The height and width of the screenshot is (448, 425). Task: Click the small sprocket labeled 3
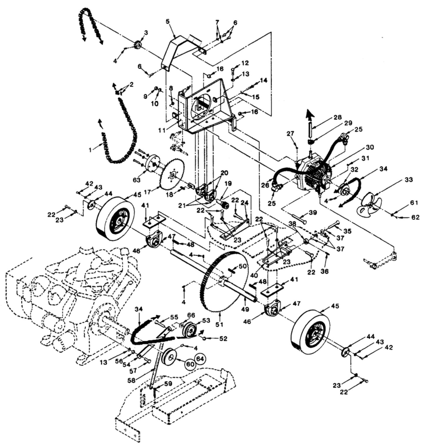[138, 46]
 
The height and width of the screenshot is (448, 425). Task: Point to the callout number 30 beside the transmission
[370, 147]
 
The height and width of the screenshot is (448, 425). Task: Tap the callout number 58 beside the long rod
[132, 380]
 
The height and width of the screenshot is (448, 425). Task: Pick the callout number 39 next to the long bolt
[313, 213]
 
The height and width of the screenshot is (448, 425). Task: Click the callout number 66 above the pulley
[191, 315]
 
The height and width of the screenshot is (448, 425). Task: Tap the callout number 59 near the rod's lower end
[168, 384]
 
